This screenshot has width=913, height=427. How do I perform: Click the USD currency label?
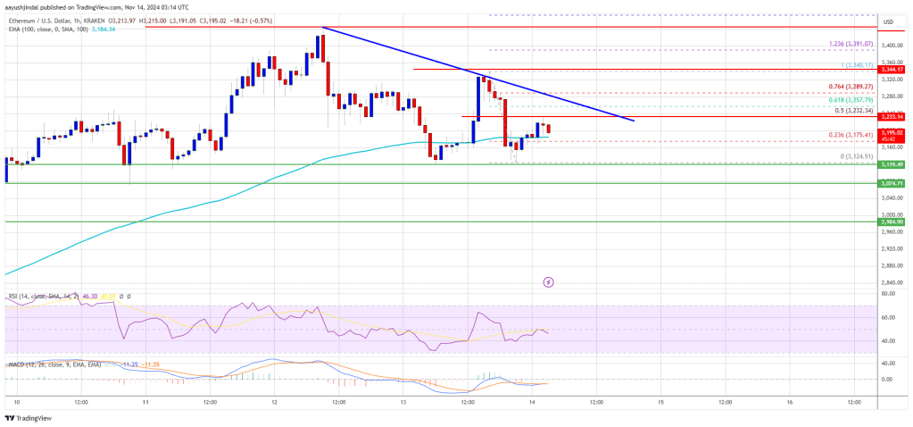point(888,21)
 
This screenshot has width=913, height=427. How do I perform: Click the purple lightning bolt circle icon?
point(548,282)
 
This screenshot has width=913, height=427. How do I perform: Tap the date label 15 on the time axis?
point(660,402)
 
